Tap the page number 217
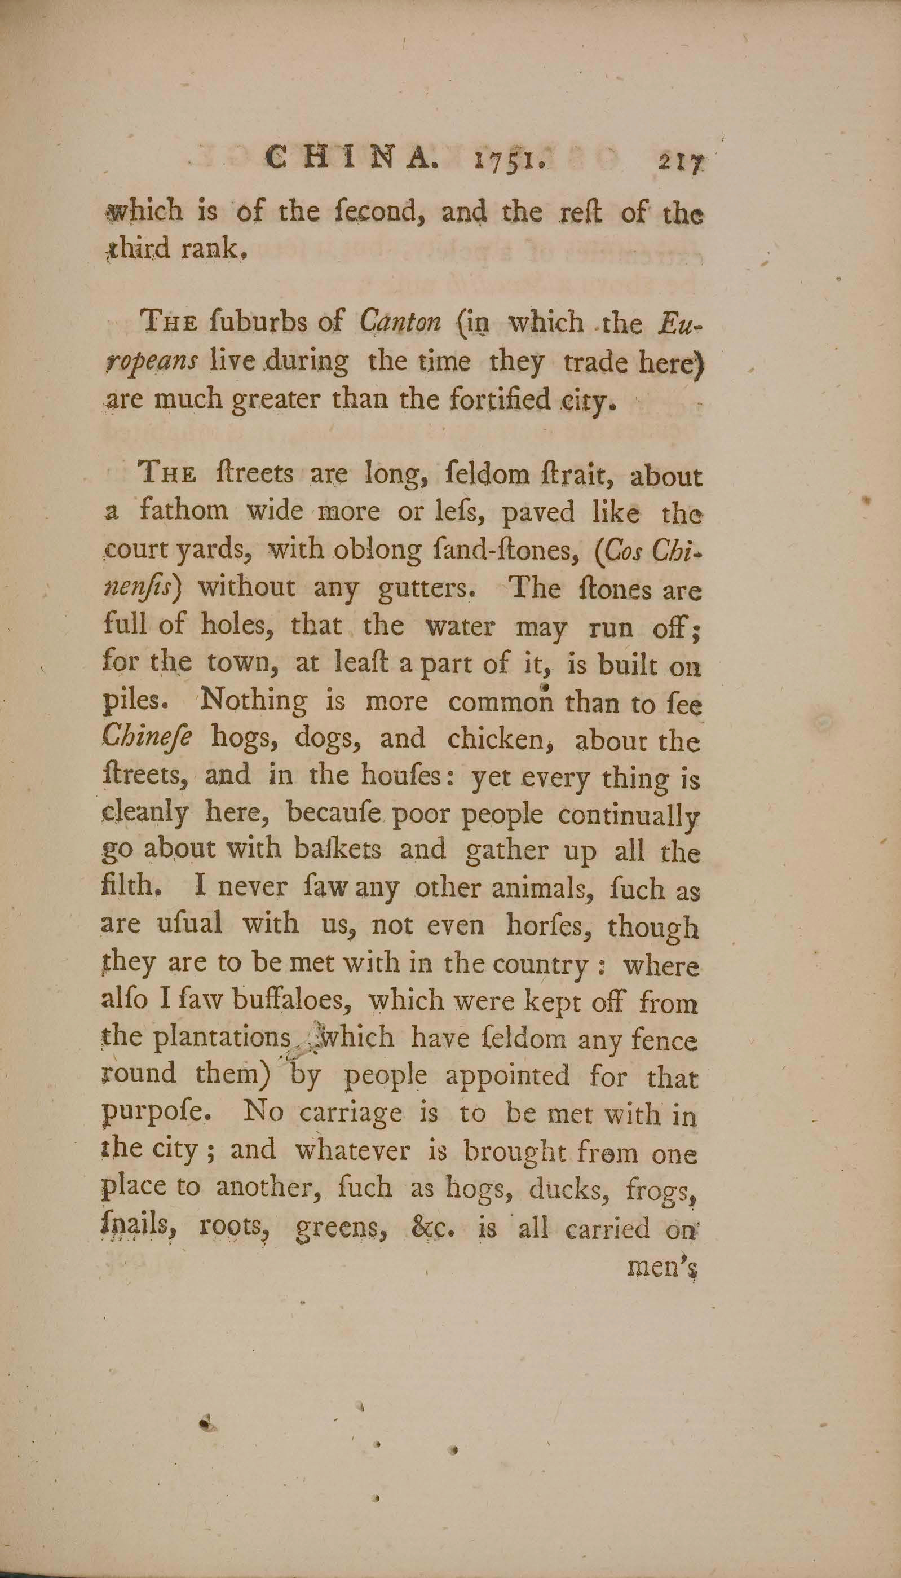point(681,164)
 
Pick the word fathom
point(184,511)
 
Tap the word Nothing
point(254,701)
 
